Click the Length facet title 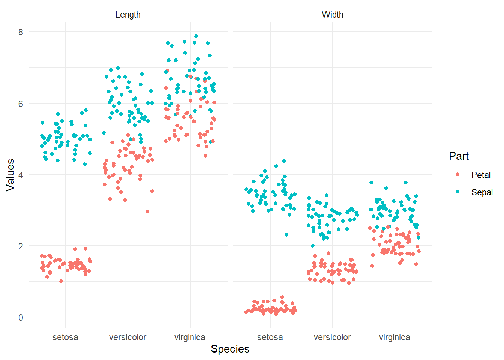pos(128,15)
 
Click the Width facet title pos(333,15)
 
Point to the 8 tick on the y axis pos(21,32)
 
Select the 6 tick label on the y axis pos(21,103)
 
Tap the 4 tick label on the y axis pos(21,175)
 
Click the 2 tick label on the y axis pos(21,246)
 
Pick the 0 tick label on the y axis pos(21,317)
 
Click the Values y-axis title pos(10,175)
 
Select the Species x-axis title pos(230,349)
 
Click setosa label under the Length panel pos(66,337)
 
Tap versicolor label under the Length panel pos(127,337)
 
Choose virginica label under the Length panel pos(190,337)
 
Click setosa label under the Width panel pos(270,337)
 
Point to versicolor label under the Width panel pos(332,337)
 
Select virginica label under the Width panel pos(394,337)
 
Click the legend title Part pos(459,156)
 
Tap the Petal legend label pos(481,175)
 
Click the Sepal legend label pos(482,192)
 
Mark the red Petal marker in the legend pos(457,175)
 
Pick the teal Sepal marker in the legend pos(457,192)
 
